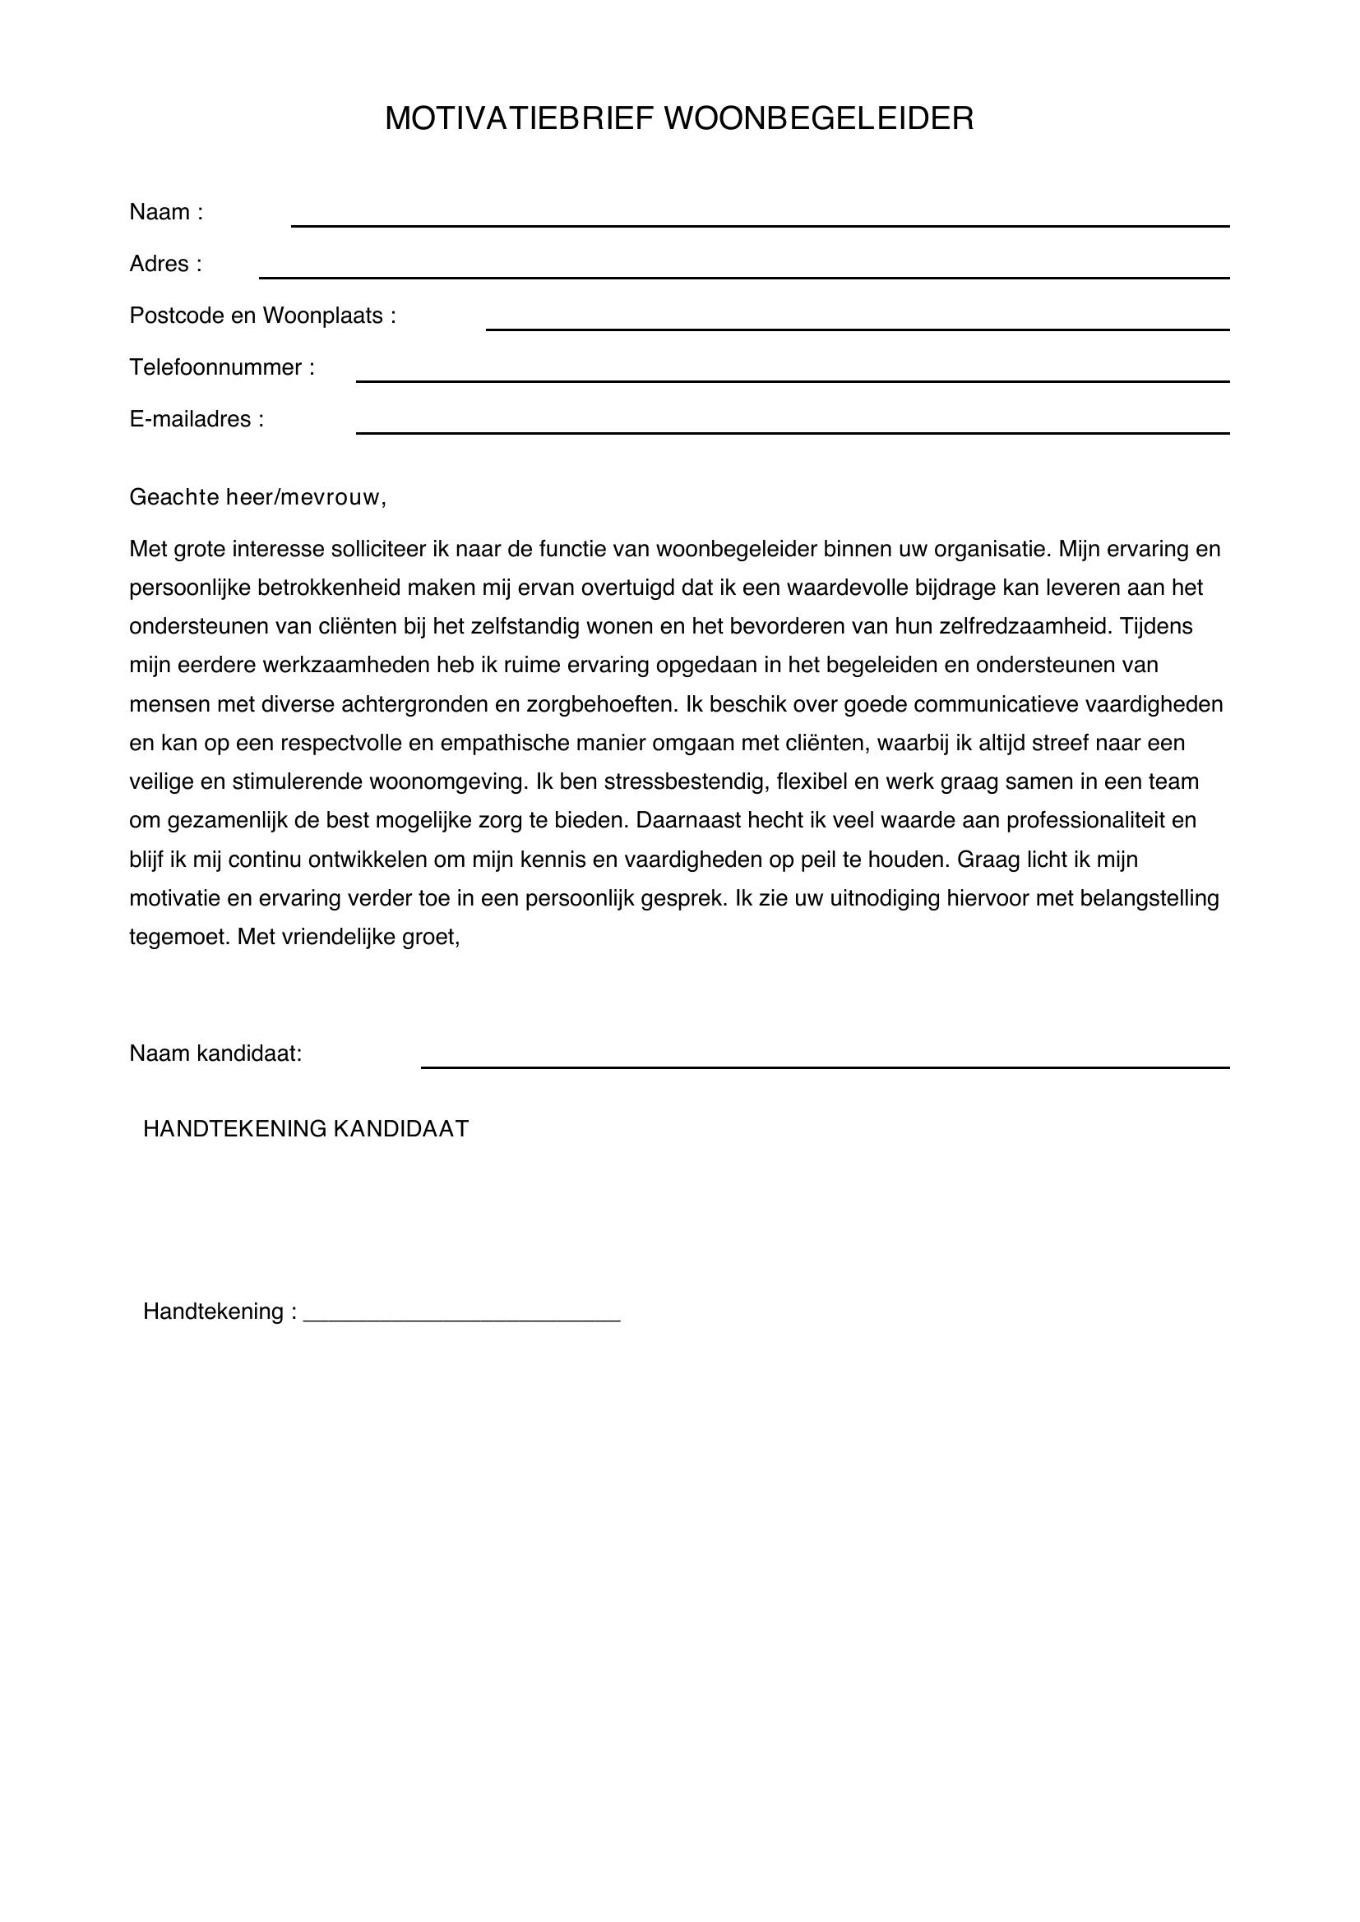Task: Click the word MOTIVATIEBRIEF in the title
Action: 518,119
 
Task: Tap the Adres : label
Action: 166,265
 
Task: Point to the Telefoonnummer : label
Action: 222,367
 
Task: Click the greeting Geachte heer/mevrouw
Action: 257,498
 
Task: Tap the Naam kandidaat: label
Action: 215,1054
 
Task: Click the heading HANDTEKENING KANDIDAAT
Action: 306,1129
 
